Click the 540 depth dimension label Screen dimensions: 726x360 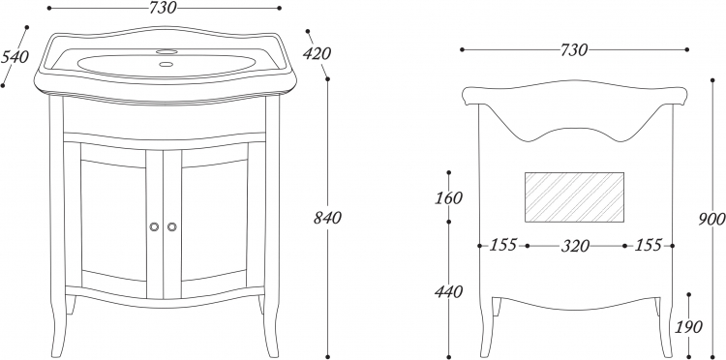click(x=15, y=57)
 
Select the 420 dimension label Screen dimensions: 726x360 click(x=317, y=53)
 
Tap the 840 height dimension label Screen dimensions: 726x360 click(x=327, y=218)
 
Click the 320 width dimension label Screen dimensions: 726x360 click(x=576, y=246)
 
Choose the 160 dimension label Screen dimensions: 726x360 click(x=448, y=197)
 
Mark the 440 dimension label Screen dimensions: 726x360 click(x=448, y=292)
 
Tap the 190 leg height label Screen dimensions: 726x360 click(x=689, y=327)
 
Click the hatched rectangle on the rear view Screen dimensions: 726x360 click(x=574, y=197)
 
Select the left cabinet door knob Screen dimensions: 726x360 click(x=154, y=226)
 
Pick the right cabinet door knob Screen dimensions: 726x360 click(x=171, y=226)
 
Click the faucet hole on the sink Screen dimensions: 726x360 click(x=166, y=51)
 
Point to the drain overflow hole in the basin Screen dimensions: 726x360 click(x=166, y=64)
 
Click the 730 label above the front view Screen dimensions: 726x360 click(x=163, y=8)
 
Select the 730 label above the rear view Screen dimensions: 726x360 click(x=574, y=49)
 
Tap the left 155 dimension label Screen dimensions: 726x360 click(x=503, y=245)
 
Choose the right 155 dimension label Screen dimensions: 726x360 click(x=649, y=245)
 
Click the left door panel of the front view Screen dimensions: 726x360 click(x=113, y=220)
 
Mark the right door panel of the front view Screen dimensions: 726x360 click(x=214, y=220)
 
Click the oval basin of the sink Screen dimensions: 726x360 click(x=166, y=66)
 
